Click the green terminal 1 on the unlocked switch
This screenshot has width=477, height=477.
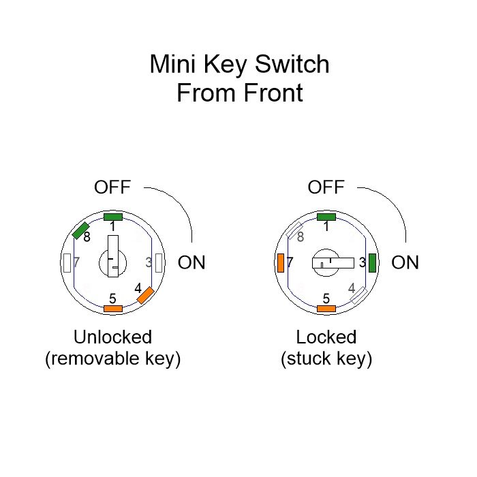[x=112, y=217]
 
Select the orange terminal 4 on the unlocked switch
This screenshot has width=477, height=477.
[x=146, y=295]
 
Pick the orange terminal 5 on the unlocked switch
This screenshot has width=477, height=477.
[x=112, y=309]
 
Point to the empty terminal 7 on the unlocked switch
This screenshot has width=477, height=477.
[x=67, y=262]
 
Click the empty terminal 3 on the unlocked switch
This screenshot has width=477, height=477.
[x=159, y=262]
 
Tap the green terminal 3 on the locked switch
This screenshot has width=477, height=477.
[x=373, y=262]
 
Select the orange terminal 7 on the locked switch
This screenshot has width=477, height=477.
[x=281, y=262]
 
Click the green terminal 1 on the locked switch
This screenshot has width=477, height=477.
[x=326, y=217]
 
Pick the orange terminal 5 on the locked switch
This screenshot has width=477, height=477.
[x=326, y=309]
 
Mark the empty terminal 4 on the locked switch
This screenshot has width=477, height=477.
[x=359, y=295]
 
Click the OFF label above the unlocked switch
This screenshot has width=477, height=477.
[x=112, y=187]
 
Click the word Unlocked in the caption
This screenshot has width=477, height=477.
[x=112, y=337]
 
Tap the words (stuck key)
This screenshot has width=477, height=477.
[x=326, y=359]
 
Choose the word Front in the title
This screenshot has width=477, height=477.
[x=270, y=93]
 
